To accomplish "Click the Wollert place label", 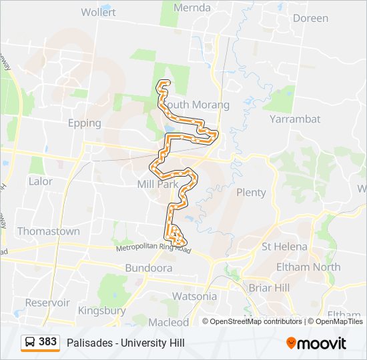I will click(x=98, y=12).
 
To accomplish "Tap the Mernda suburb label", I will click(x=192, y=8).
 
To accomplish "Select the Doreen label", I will click(x=310, y=18).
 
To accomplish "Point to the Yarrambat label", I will click(x=295, y=119).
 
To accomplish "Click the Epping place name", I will click(x=84, y=123).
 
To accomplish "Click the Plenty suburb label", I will click(x=251, y=193).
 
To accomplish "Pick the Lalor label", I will click(x=40, y=181).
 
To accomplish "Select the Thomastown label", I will click(x=48, y=231).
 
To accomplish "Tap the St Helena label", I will click(x=284, y=247).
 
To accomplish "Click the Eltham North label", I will click(x=308, y=267).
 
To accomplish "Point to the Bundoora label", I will click(x=148, y=268).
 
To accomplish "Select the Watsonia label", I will click(x=194, y=296).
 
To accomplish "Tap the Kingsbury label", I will click(x=101, y=311).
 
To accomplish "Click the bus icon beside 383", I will click(x=30, y=342).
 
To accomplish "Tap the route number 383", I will click(x=48, y=342).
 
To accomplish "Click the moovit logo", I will click(x=316, y=343).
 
